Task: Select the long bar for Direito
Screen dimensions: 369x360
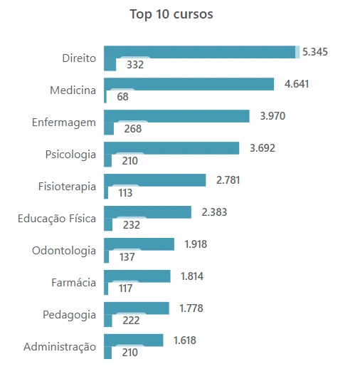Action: (x=199, y=52)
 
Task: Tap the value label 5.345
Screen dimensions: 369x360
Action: (x=315, y=52)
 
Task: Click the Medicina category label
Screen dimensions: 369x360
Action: (x=73, y=90)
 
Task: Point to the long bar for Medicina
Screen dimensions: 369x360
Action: (x=189, y=84)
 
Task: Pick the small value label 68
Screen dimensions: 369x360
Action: (x=122, y=97)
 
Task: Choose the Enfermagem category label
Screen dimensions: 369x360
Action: (x=63, y=123)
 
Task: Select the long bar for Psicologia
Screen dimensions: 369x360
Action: (x=171, y=148)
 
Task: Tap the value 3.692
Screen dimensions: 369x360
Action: (x=262, y=148)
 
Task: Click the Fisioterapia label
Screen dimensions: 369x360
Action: (x=67, y=187)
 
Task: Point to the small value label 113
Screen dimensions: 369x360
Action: (x=125, y=192)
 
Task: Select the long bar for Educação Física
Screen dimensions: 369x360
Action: (x=147, y=212)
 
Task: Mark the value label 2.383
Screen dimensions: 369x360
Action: (x=214, y=212)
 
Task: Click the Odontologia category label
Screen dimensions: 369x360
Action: (x=64, y=251)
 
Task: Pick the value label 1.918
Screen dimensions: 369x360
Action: (x=197, y=244)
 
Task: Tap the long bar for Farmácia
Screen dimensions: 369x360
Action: (x=137, y=276)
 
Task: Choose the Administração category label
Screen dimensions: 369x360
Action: (x=60, y=347)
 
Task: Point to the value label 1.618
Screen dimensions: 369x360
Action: (x=186, y=341)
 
